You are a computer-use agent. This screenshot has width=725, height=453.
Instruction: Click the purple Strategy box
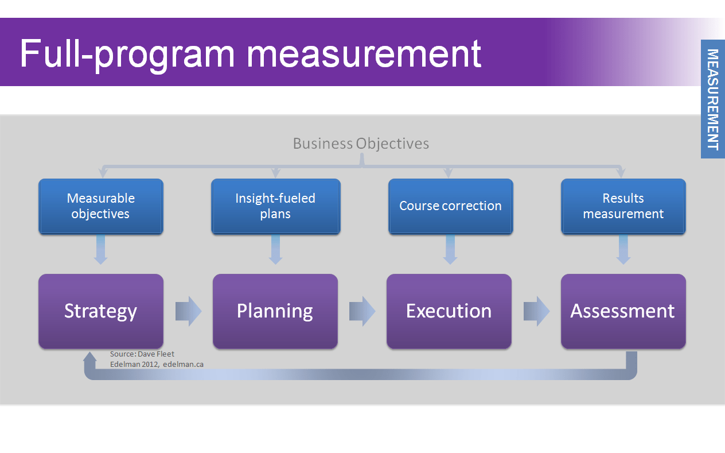[x=101, y=311]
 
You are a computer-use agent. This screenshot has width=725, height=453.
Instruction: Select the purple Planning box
[x=275, y=311]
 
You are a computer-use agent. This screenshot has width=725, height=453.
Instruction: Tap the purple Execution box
[x=449, y=311]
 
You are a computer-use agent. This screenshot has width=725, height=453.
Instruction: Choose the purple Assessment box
[x=623, y=311]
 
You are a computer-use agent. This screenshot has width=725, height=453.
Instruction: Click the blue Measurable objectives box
[x=101, y=206]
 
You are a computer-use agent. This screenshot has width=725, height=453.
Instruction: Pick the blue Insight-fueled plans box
[x=275, y=206]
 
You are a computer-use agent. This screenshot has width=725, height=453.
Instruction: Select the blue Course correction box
[x=450, y=206]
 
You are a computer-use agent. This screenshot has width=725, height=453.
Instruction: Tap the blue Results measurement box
[x=623, y=206]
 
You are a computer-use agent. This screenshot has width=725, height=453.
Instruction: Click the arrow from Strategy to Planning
[x=188, y=312]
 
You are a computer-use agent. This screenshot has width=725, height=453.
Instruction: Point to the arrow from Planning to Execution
[x=362, y=312]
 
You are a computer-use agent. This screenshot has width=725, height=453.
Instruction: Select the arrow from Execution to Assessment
[x=536, y=312]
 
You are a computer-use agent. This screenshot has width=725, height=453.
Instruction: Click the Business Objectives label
[x=361, y=144]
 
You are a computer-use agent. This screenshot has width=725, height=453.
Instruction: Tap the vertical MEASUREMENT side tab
[x=712, y=99]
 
